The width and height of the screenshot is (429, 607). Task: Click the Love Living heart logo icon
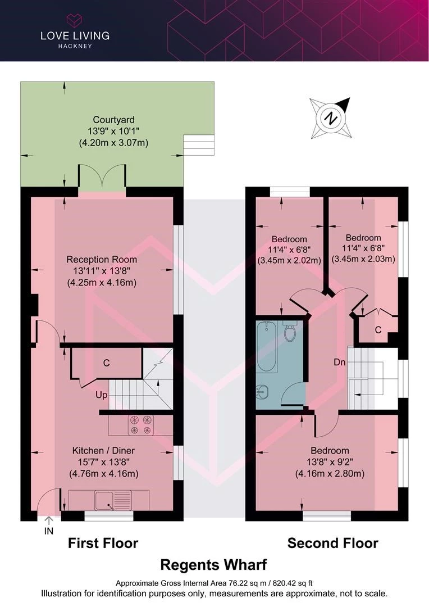(75, 21)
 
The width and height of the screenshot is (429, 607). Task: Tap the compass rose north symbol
(331, 118)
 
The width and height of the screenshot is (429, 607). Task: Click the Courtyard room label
(114, 120)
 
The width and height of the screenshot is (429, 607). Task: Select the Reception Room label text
(102, 259)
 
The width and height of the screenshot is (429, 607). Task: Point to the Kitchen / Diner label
(104, 451)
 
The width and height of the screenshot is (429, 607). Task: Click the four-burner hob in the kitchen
(140, 425)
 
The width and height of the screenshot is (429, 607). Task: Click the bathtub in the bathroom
(267, 347)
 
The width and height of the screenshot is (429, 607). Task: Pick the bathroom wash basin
(262, 392)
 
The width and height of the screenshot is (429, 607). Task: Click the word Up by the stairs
(102, 395)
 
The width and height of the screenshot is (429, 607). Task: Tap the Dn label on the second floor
(340, 363)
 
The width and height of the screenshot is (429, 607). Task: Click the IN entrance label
(49, 531)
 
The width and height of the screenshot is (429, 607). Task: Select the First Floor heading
(103, 543)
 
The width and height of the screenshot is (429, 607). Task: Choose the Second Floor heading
(332, 543)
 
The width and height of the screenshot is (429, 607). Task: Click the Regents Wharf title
(213, 565)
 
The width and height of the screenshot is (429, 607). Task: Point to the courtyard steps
(198, 145)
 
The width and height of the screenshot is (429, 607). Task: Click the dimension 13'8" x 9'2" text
(330, 462)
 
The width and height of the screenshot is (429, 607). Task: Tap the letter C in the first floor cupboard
(106, 363)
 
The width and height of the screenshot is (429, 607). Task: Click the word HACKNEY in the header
(75, 46)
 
